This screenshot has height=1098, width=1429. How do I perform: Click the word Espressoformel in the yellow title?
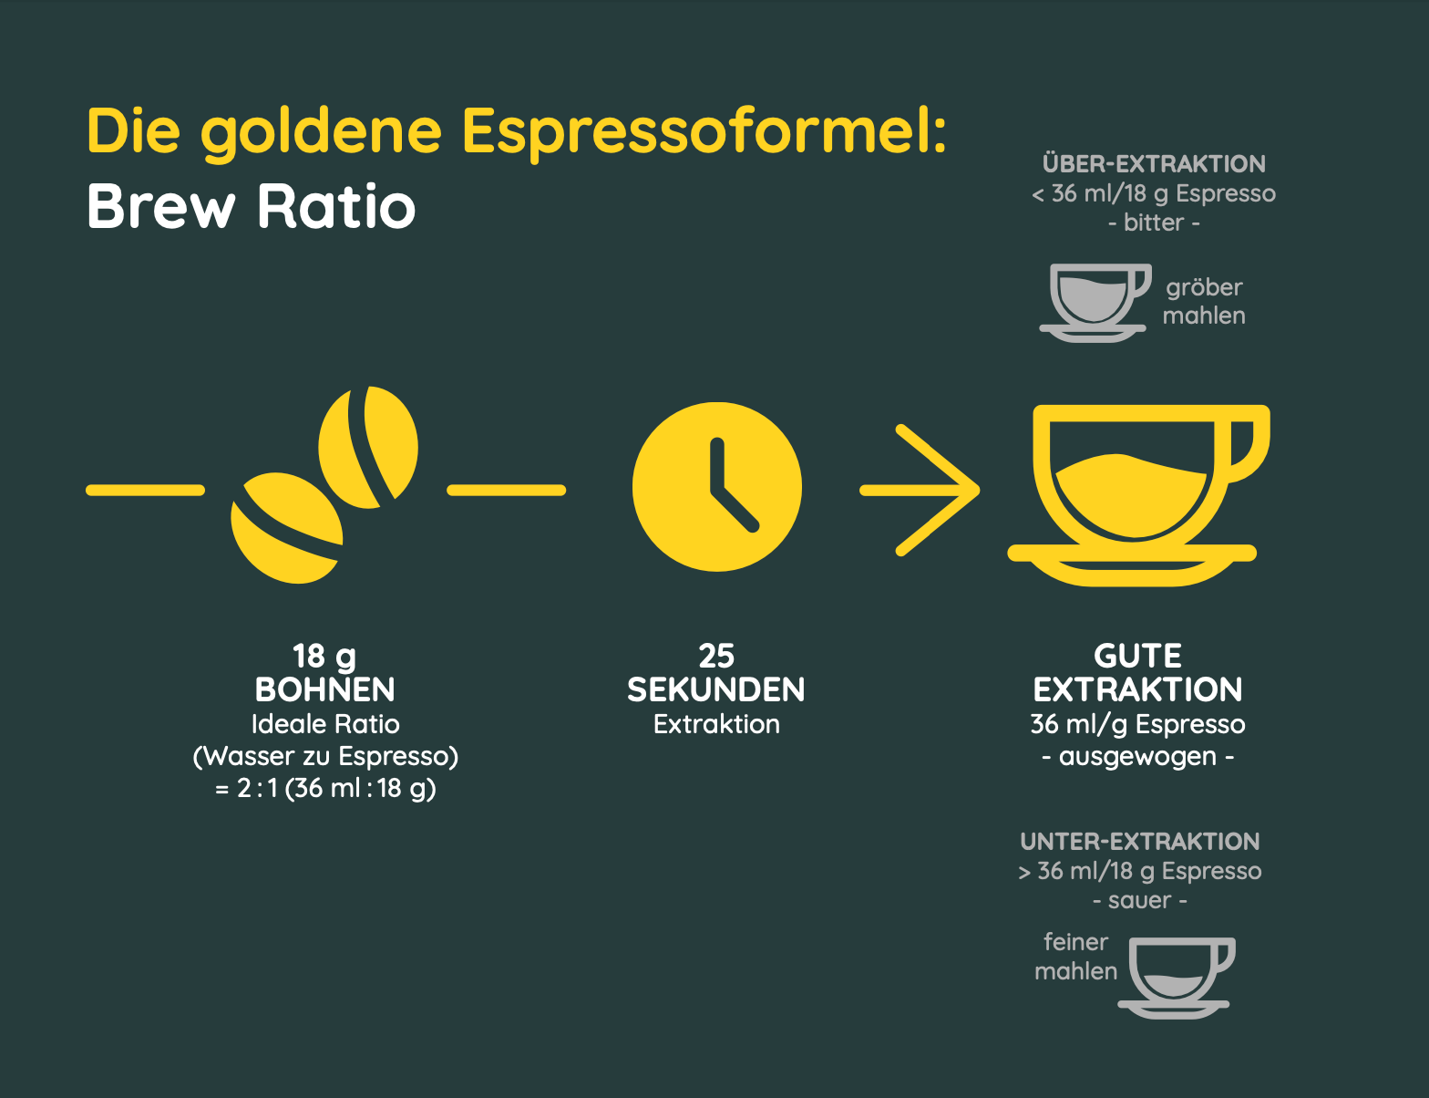(705, 133)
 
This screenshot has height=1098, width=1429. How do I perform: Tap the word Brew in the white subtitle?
(161, 206)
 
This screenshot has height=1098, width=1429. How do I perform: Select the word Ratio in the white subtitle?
(336, 206)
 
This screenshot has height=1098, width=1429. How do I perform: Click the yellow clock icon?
(717, 487)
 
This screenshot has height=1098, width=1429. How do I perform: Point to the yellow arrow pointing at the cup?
(920, 490)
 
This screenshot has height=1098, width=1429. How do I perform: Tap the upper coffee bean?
(368, 448)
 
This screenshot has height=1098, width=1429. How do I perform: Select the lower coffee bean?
(287, 528)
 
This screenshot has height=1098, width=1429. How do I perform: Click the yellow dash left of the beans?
(145, 490)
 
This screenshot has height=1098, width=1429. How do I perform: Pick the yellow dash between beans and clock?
(507, 490)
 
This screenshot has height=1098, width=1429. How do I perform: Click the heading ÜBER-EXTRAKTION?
(1154, 164)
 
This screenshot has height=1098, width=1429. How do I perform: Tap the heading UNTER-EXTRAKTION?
(1140, 842)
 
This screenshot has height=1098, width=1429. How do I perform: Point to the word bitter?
(1154, 223)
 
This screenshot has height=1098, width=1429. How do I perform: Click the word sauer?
(1140, 900)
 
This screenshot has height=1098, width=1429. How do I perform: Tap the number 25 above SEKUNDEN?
(717, 656)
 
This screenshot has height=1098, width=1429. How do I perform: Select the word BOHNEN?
(324, 689)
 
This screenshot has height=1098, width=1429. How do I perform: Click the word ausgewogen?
(1137, 757)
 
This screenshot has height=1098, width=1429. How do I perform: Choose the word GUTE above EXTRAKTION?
(1137, 656)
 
